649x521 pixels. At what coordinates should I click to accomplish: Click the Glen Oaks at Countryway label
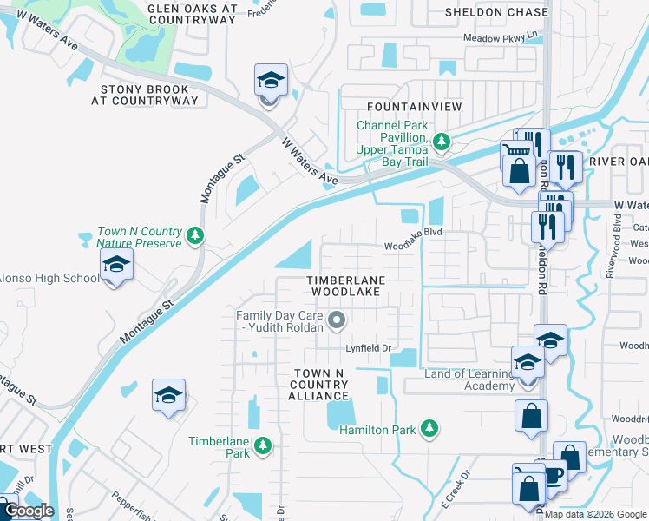tap(193, 13)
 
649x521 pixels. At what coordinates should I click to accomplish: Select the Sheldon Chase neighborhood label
tap(496, 12)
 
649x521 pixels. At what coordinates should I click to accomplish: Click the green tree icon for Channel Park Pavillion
tap(442, 141)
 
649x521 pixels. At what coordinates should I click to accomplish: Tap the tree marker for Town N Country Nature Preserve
tap(196, 234)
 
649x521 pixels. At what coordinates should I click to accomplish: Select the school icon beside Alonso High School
tap(116, 267)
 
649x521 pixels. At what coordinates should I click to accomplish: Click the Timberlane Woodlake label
tap(345, 287)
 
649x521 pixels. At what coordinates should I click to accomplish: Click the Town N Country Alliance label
tap(318, 384)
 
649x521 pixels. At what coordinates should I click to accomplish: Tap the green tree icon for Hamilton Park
tap(429, 428)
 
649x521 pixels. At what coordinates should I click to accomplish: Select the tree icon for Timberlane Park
tap(263, 446)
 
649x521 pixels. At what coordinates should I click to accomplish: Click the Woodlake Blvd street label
tap(414, 246)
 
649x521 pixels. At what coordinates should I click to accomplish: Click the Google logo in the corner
tap(29, 511)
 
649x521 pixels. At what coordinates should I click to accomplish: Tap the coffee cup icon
tap(552, 476)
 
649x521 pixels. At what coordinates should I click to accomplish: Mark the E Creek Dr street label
tap(454, 488)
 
